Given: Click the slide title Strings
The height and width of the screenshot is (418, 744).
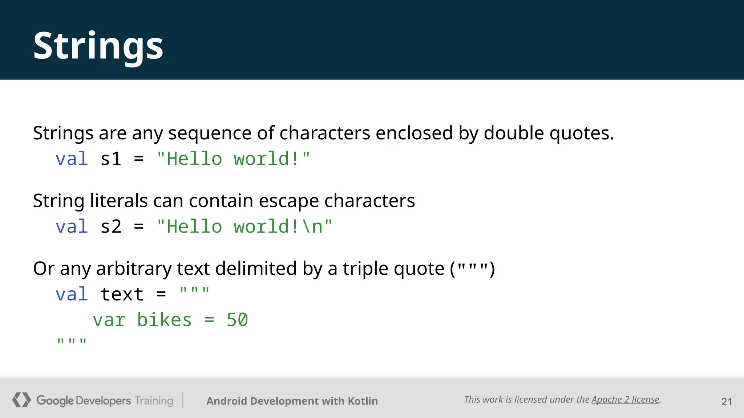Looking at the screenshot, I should pos(98,46).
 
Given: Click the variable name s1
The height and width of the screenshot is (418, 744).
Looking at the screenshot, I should pos(111,159).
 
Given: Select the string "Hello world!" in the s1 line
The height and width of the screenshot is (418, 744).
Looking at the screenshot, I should pos(233,159).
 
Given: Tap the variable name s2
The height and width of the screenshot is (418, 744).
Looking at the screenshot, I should pos(111,227).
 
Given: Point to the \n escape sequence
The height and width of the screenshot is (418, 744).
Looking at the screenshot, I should pos(312,227).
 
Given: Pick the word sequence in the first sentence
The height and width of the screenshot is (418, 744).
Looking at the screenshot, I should pos(210,133).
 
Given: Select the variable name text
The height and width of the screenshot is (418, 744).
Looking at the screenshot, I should pos(122,294).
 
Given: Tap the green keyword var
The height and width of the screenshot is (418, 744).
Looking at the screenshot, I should pos(109,320).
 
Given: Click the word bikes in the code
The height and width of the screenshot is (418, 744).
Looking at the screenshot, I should pos(164,320).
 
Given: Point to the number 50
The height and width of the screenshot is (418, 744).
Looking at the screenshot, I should pos(237,320).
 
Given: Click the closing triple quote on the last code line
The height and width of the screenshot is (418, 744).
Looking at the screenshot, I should pos(72,341).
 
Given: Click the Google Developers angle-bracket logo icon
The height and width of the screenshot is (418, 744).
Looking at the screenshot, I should pos(21,400).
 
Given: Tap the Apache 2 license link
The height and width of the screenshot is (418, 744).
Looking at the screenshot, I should pos(625,399).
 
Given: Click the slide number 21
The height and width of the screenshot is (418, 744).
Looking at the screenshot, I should pos(727,402).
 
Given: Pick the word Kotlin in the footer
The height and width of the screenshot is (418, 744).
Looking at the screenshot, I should pos(363,401).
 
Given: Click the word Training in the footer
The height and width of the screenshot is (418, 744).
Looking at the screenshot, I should pos(154,401).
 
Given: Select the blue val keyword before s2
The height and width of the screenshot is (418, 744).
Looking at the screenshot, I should pos(72,227).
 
